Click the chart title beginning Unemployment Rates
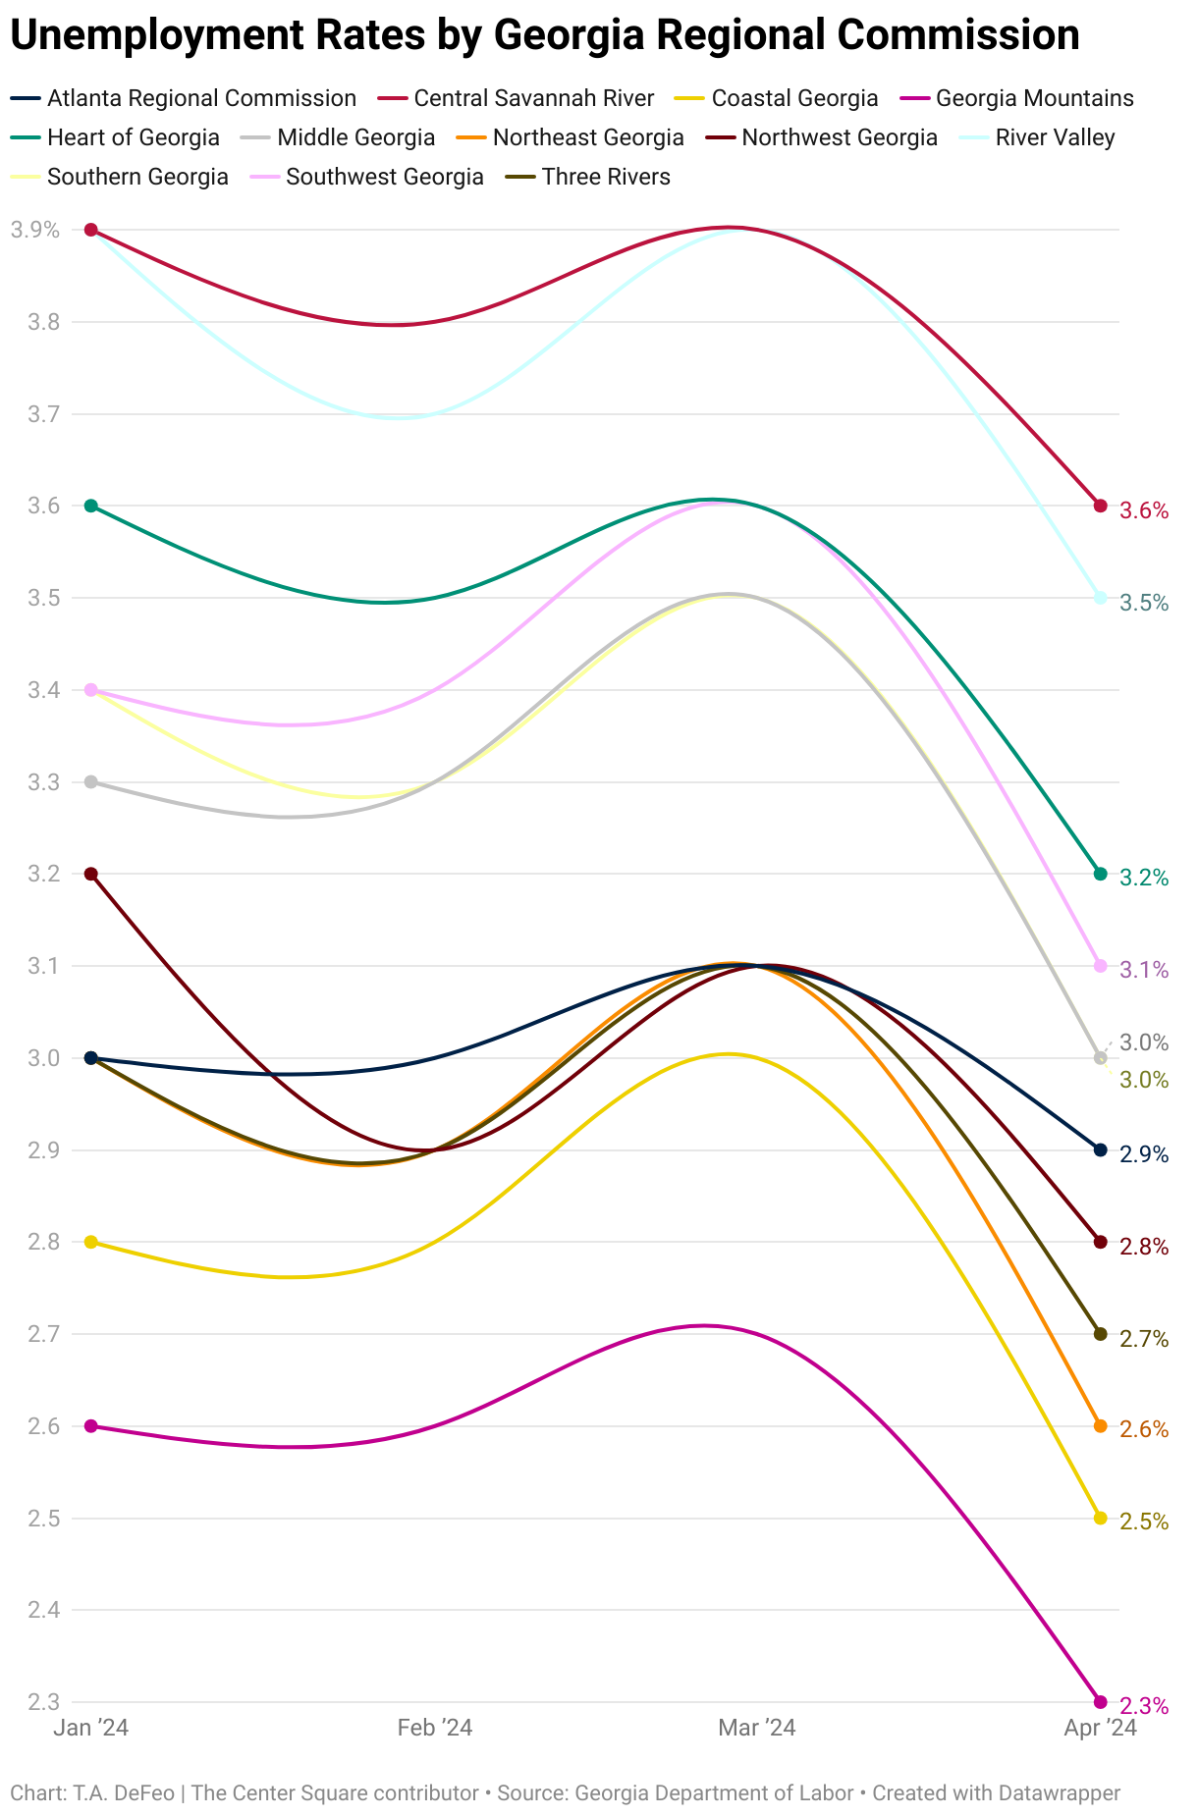(545, 36)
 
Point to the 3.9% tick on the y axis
(35, 230)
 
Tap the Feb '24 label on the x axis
(435, 1728)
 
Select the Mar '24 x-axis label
(757, 1728)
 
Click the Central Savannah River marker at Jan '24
(91, 230)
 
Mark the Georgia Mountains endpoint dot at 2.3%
(1100, 1702)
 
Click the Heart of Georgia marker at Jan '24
(91, 506)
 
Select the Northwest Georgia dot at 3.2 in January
(91, 874)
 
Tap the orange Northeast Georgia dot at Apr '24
(1100, 1425)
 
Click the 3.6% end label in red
(1144, 510)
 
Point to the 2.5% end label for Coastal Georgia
(1144, 1522)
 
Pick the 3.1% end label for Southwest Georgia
(1144, 970)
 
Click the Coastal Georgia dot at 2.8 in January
(91, 1242)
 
